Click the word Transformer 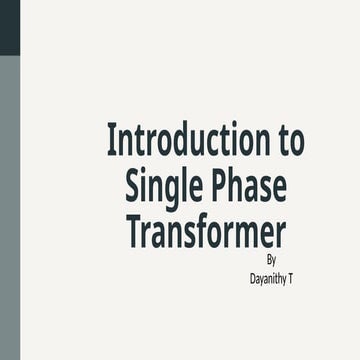(x=206, y=231)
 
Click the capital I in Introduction (x=111, y=141)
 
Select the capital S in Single (x=133, y=187)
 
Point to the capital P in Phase (x=214, y=187)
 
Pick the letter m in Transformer (x=249, y=233)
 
